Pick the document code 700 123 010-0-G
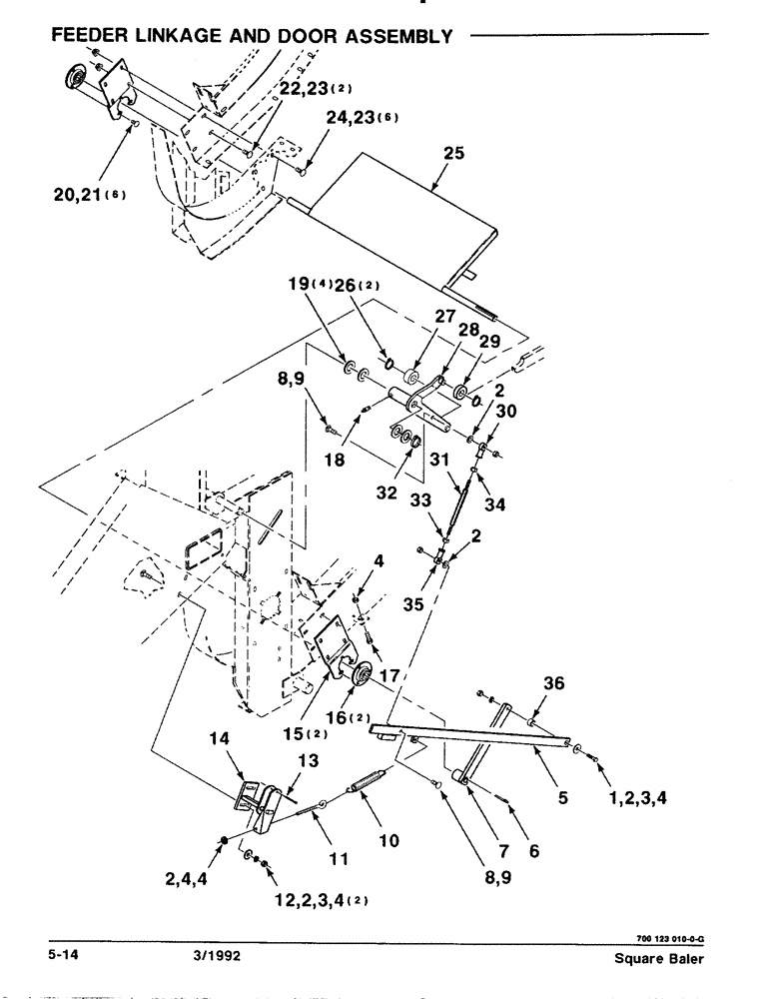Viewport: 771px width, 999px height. pyautogui.click(x=664, y=937)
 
